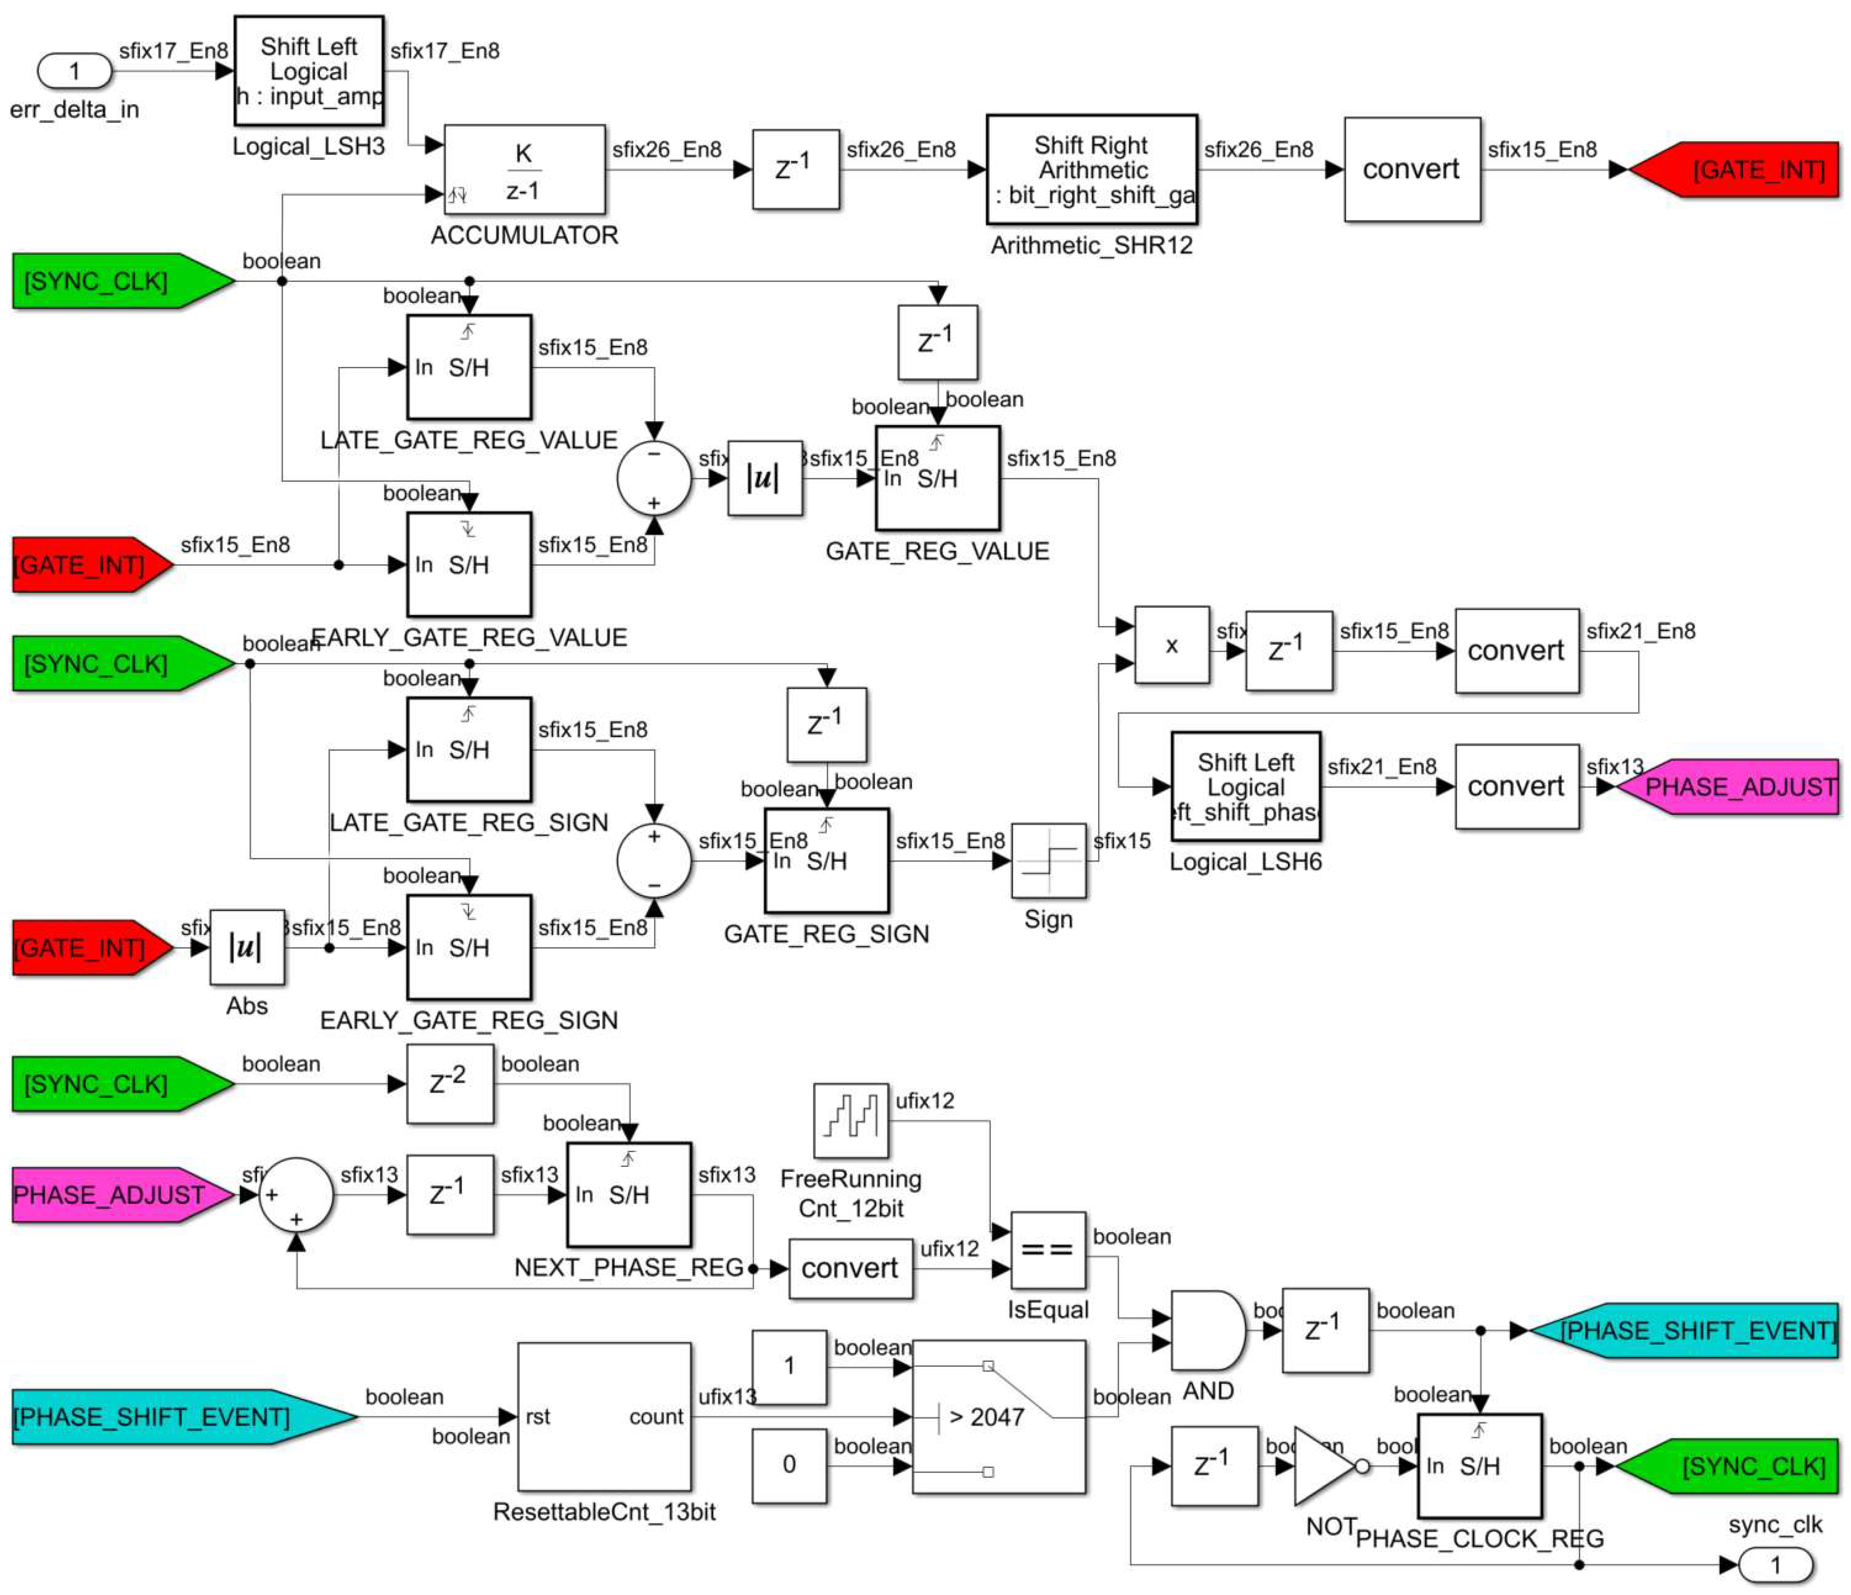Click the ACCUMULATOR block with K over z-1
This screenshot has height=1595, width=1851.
524,170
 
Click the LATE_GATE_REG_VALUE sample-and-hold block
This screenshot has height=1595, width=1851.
469,367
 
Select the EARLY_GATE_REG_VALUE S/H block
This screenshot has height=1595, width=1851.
469,565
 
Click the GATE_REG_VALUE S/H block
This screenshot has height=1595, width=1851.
937,479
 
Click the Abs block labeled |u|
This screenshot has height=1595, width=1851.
247,947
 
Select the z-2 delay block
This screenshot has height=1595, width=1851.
449,1084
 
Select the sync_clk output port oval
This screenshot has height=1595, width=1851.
1775,1565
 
